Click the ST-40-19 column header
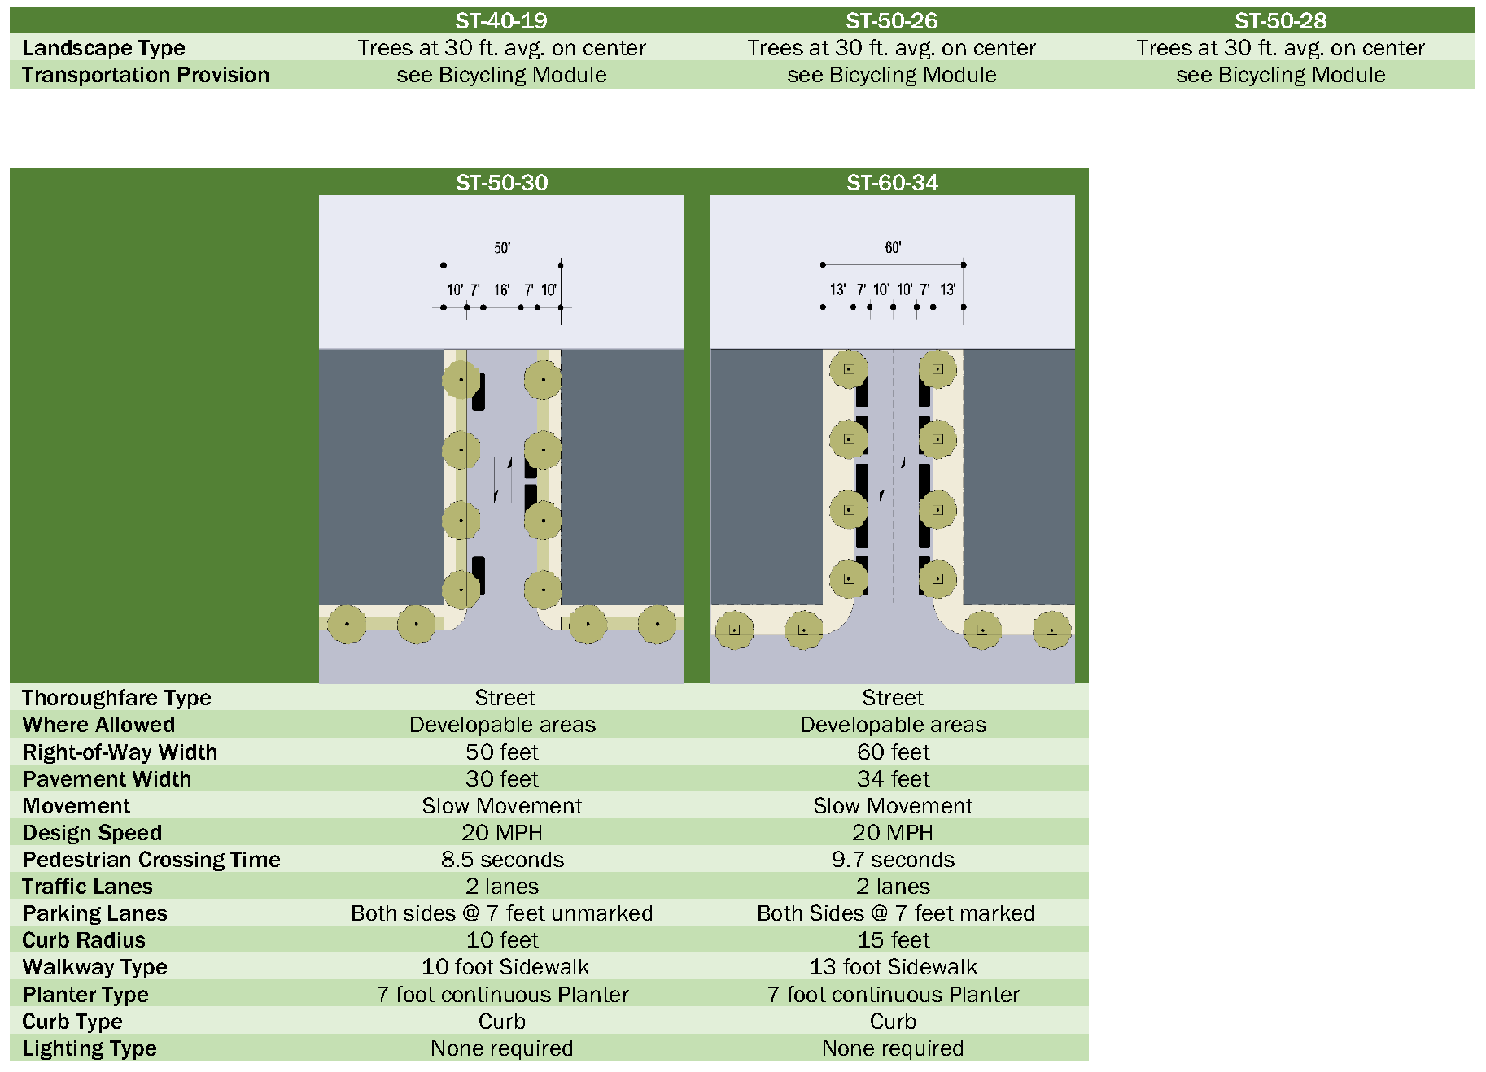pyautogui.click(x=500, y=20)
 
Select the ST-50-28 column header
pyautogui.click(x=1280, y=20)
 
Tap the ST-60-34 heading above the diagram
pyautogui.click(x=892, y=182)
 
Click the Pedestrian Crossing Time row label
pyautogui.click(x=151, y=860)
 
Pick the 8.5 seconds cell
pyautogui.click(x=502, y=860)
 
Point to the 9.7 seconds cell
pyautogui.click(x=893, y=860)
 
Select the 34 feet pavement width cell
pyautogui.click(x=893, y=779)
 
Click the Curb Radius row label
pyautogui.click(x=84, y=940)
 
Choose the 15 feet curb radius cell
pyautogui.click(x=893, y=940)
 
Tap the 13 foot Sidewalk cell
pyautogui.click(x=893, y=967)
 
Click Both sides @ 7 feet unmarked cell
pyautogui.click(x=501, y=913)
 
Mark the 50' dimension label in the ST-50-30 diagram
pyautogui.click(x=502, y=248)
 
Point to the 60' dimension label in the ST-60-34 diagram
pyautogui.click(x=893, y=248)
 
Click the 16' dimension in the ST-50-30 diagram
pyautogui.click(x=501, y=290)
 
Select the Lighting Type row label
pyautogui.click(x=90, y=1048)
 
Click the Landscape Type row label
pyautogui.click(x=103, y=48)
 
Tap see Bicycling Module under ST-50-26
pyautogui.click(x=891, y=75)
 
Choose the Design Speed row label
pyautogui.click(x=92, y=833)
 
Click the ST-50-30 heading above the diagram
pyautogui.click(x=501, y=182)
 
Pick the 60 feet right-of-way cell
pyautogui.click(x=893, y=752)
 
